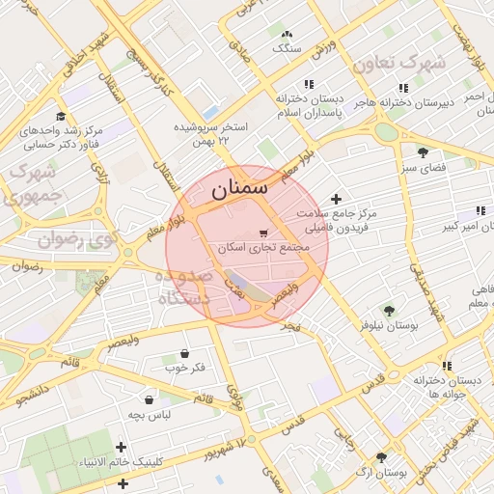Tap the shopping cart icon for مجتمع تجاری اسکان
(x=263, y=233)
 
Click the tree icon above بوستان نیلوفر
(x=388, y=311)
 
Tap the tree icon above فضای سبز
(x=423, y=151)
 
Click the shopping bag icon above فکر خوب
(x=184, y=352)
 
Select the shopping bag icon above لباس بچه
(x=150, y=398)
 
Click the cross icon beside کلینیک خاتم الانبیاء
(x=121, y=446)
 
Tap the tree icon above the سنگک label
(x=287, y=32)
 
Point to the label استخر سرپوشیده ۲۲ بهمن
(x=210, y=133)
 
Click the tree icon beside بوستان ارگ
(x=381, y=457)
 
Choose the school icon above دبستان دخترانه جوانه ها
(x=447, y=366)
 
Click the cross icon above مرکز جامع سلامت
(x=336, y=198)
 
